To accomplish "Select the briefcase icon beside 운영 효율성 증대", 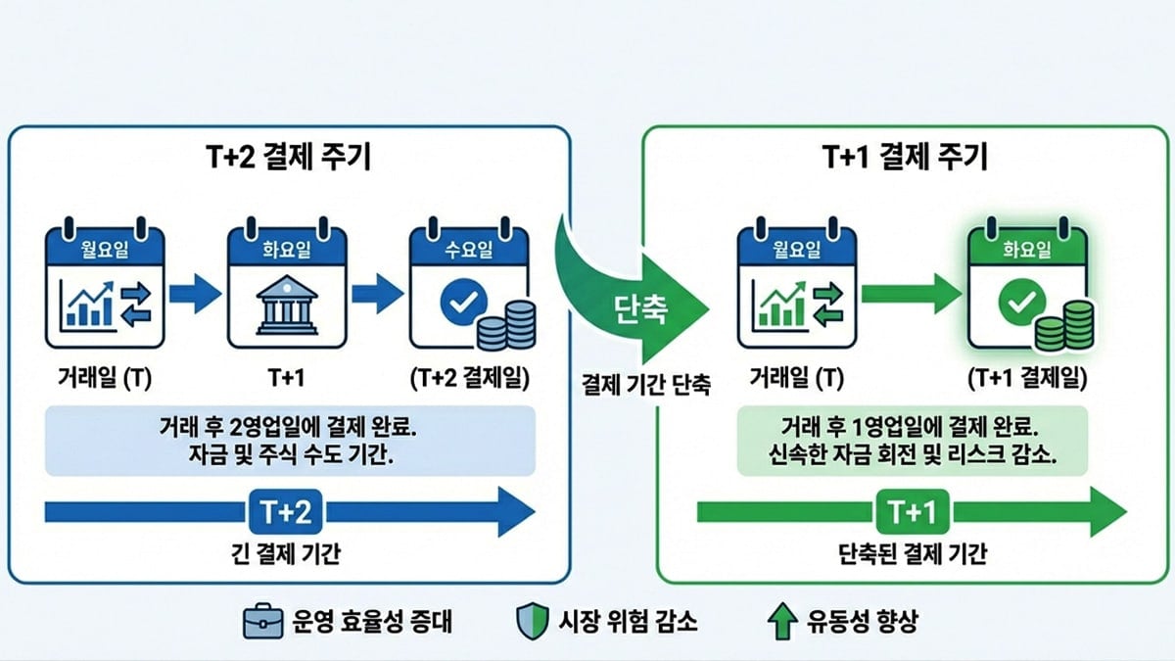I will (261, 621).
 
